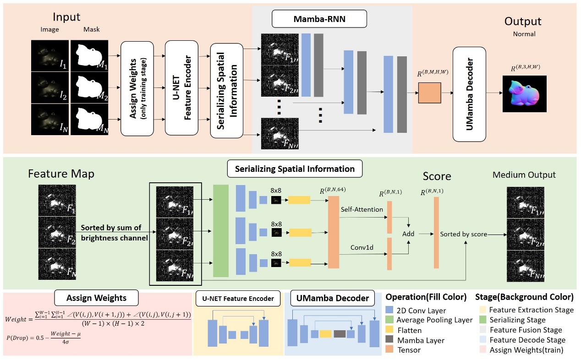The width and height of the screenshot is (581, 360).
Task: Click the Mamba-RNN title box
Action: click(x=319, y=20)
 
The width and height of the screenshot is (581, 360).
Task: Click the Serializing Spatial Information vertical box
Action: click(x=226, y=90)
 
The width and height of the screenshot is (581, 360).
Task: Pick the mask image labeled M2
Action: click(x=89, y=87)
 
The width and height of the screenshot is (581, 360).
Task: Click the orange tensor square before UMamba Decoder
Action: click(x=429, y=93)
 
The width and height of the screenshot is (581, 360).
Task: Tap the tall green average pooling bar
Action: click(x=221, y=230)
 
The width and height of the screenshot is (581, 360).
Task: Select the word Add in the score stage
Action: click(x=408, y=234)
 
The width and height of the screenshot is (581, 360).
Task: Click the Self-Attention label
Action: click(x=362, y=209)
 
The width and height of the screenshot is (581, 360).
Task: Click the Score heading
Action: click(x=437, y=176)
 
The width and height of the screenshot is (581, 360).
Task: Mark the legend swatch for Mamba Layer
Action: click(x=389, y=340)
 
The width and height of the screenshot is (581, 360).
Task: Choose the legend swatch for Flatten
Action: click(x=389, y=330)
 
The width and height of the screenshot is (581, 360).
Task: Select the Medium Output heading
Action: click(x=524, y=175)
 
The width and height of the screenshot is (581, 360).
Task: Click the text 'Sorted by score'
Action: click(x=463, y=234)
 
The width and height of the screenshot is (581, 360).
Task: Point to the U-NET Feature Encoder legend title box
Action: click(x=238, y=299)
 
